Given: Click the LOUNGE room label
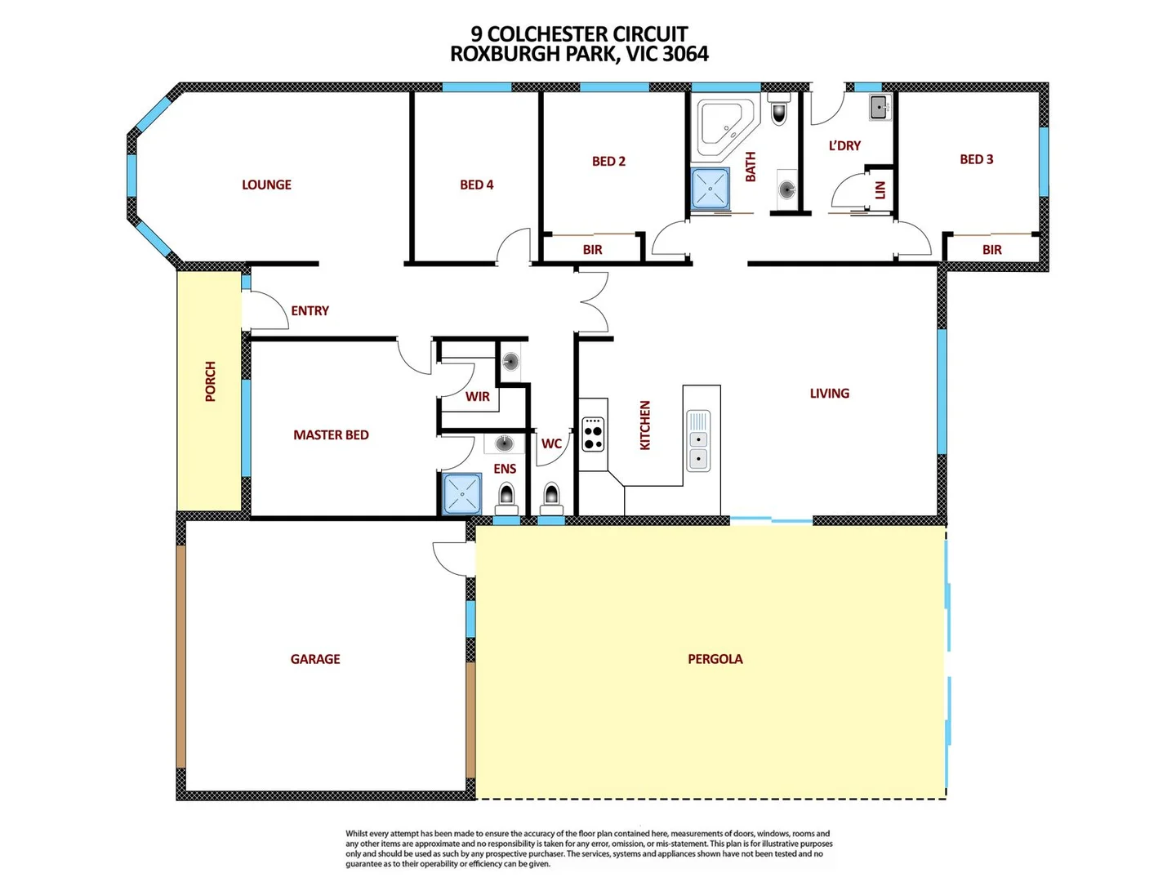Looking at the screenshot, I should [x=266, y=185].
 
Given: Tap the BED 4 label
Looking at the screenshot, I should [x=476, y=185].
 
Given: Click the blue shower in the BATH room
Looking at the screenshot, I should [x=710, y=188].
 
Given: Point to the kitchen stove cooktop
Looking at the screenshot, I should [x=594, y=434].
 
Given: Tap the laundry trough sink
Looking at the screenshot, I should [x=880, y=107].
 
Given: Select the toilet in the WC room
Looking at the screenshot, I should [x=551, y=495].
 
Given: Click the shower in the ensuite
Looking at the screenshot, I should [x=462, y=494].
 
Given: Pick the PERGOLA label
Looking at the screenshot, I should [x=715, y=659].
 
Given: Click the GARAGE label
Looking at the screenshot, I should [x=315, y=659].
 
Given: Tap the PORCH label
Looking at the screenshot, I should [x=211, y=381].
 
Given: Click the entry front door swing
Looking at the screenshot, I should [x=263, y=310].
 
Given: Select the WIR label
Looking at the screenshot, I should [x=478, y=397].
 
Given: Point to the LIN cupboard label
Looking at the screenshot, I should [x=880, y=190].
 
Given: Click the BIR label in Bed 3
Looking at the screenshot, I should [x=991, y=250].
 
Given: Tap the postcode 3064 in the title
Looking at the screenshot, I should [x=685, y=54].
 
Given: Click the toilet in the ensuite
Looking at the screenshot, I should [x=506, y=495].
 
